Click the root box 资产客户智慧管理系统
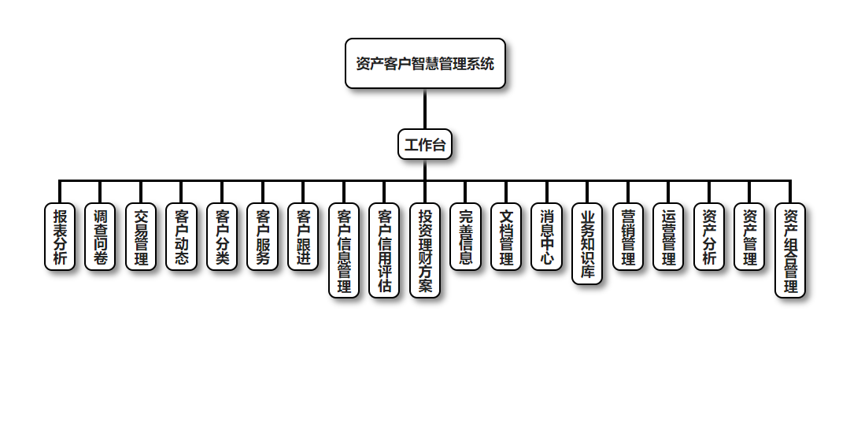pyautogui.click(x=425, y=64)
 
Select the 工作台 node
pyautogui.click(x=425, y=145)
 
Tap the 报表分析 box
pyautogui.click(x=60, y=237)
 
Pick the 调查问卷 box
pyautogui.click(x=100, y=237)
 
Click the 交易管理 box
pyautogui.click(x=141, y=237)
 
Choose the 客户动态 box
pyautogui.click(x=182, y=237)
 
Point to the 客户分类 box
pyautogui.click(x=222, y=237)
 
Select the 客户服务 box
pyautogui.click(x=263, y=237)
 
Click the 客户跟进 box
pyautogui.click(x=303, y=237)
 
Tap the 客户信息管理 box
pyautogui.click(x=344, y=250)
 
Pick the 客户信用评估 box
pyautogui.click(x=384, y=250)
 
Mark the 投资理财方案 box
pyautogui.click(x=425, y=250)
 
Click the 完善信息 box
pyautogui.click(x=466, y=237)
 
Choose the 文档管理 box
pyautogui.click(x=506, y=237)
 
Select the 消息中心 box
pyautogui.click(x=547, y=237)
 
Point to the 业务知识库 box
pyautogui.click(x=587, y=244)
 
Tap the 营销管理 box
pyautogui.click(x=628, y=237)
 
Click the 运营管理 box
pyautogui.click(x=668, y=237)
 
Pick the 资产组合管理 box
pyautogui.click(x=790, y=250)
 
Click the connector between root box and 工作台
pyautogui.click(x=425, y=109)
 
